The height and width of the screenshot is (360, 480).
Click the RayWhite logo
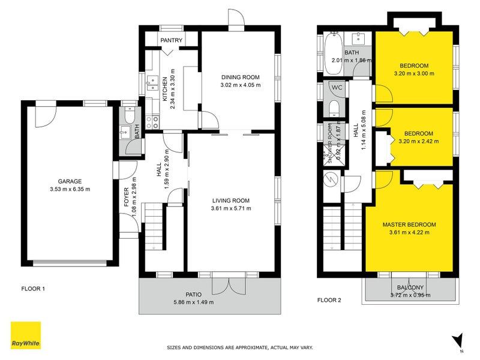(x=26, y=335)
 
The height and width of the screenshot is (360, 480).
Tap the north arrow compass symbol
(x=458, y=340)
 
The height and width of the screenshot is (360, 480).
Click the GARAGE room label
(x=70, y=181)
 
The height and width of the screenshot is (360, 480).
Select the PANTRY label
(x=170, y=40)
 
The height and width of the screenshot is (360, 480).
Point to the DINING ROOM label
(x=240, y=77)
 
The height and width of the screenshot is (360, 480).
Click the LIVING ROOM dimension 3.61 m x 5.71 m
(x=231, y=209)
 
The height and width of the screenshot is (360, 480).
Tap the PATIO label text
(x=193, y=294)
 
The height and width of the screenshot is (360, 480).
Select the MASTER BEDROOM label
(x=409, y=224)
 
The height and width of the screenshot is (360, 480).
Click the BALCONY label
(x=411, y=287)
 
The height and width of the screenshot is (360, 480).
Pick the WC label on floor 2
(x=337, y=88)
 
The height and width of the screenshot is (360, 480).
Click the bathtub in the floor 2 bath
(x=334, y=53)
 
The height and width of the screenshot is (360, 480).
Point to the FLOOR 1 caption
(x=33, y=289)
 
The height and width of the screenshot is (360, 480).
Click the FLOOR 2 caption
(x=329, y=300)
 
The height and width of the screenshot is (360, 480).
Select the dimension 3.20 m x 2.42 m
(x=418, y=142)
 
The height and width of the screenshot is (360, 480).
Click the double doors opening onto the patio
(x=229, y=285)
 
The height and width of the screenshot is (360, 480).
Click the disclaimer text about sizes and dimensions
(x=239, y=347)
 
